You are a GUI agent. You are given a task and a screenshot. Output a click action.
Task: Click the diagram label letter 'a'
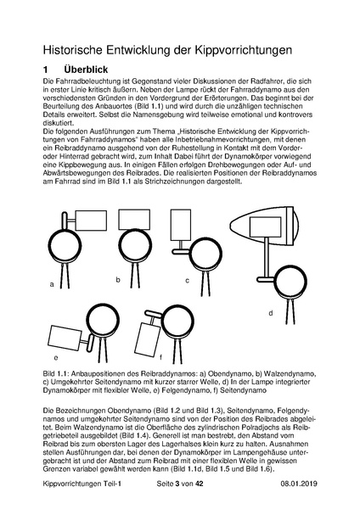coord(52,284)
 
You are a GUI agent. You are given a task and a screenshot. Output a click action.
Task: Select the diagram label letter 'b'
coord(118,279)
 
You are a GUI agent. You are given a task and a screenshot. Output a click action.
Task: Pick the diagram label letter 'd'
coord(270,313)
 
